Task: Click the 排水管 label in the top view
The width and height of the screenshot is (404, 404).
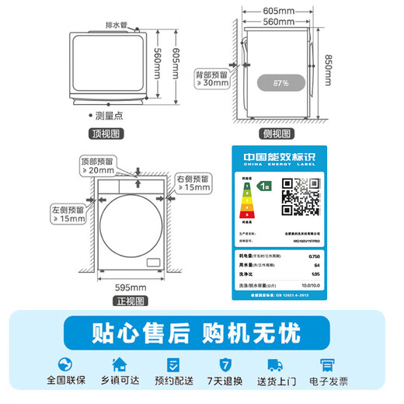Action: click(119, 25)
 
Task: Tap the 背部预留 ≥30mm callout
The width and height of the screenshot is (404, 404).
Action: click(212, 78)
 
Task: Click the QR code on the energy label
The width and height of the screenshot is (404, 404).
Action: click(300, 196)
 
